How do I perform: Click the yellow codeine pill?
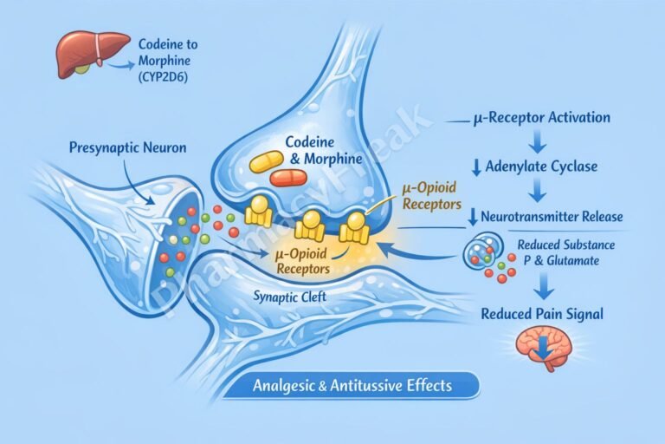tap(268, 161)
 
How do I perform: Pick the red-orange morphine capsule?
tap(288, 178)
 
